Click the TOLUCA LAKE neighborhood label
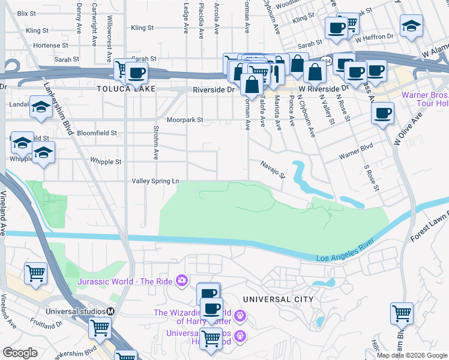pyautogui.click(x=126, y=89)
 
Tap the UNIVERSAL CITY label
pyautogui.click(x=278, y=299)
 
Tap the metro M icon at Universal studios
pyautogui.click(x=110, y=311)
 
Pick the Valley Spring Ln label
pyautogui.click(x=155, y=181)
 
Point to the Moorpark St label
pyautogui.click(x=185, y=120)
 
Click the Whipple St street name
pyautogui.click(x=106, y=162)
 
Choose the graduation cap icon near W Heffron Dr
pyautogui.click(x=411, y=26)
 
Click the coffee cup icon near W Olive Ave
pyautogui.click(x=382, y=113)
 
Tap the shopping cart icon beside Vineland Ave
pyautogui.click(x=35, y=273)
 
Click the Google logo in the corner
pyautogui.click(x=20, y=352)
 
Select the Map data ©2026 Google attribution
pyautogui.click(x=412, y=355)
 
